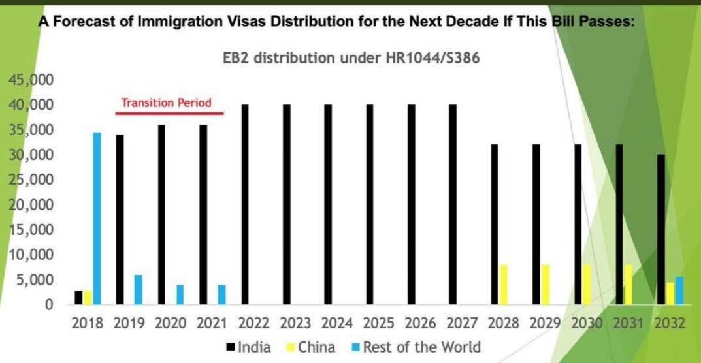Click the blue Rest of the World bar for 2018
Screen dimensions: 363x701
click(97, 218)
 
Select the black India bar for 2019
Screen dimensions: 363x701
click(120, 219)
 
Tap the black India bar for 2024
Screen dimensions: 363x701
click(328, 204)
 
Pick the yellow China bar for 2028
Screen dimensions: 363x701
click(503, 284)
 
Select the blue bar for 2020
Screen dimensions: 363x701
click(180, 294)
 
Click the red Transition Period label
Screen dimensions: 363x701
click(165, 103)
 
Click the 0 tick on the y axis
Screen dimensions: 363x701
click(48, 304)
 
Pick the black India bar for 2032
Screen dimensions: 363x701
click(662, 229)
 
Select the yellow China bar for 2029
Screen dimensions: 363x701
click(545, 284)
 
